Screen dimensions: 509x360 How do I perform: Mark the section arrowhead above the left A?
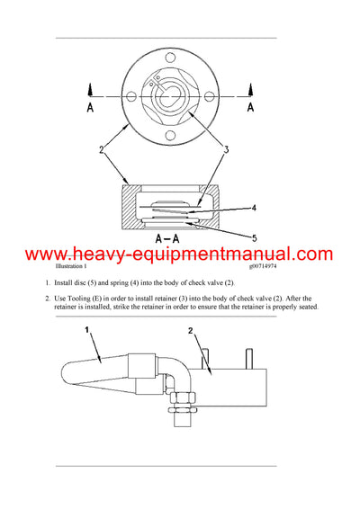(x=91, y=88)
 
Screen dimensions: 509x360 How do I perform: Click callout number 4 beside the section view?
(x=254, y=208)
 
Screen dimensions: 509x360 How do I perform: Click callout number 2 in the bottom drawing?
(x=192, y=333)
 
